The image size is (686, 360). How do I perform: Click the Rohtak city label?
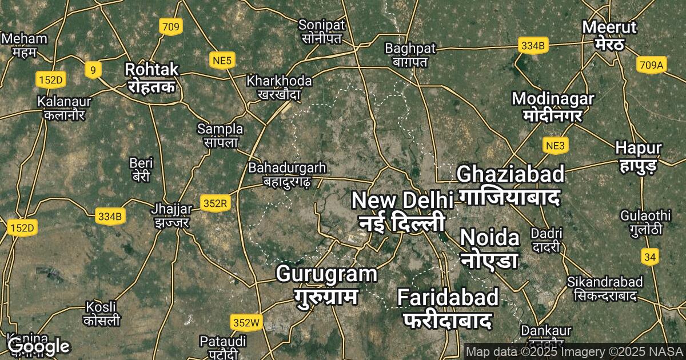pos(152,78)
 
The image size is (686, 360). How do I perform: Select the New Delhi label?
pos(402,210)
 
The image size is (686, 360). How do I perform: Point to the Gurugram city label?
pos(326,284)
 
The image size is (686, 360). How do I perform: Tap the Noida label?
pos(490,247)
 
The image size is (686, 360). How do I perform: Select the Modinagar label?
pos(553,106)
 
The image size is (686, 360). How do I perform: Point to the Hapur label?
pos(639,156)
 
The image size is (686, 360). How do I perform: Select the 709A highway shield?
pos(651,66)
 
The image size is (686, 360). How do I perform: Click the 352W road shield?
pos(246,323)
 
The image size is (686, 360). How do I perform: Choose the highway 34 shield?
pos(649,257)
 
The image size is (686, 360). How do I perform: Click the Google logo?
pos(39,346)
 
